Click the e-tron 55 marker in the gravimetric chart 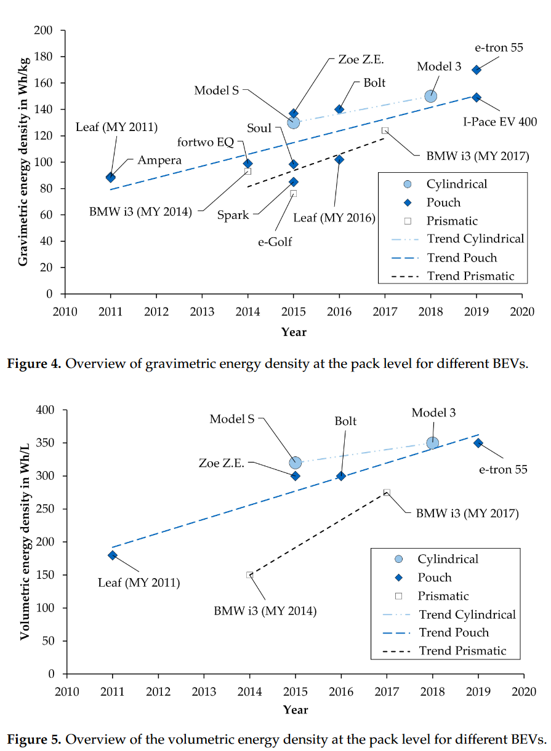pos(477,70)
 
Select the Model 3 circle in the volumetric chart pos(433,443)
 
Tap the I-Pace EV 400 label pos(500,122)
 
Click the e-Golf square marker pos(294,193)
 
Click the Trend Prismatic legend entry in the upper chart pos(470,276)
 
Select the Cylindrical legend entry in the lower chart pos(448,559)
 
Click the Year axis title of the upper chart pos(294,332)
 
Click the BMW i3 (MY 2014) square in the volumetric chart pos(250,575)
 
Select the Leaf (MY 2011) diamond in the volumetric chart pos(113,555)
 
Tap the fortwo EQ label pos(206,143)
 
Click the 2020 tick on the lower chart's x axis pos(524,690)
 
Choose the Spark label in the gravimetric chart pos(233,216)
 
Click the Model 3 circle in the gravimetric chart pos(431,96)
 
